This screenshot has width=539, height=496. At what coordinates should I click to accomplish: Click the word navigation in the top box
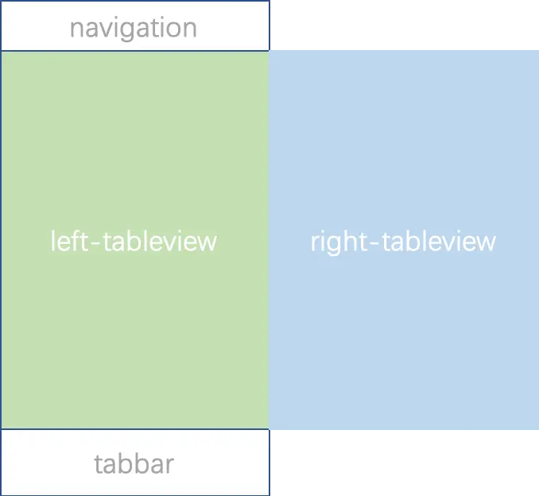point(134,28)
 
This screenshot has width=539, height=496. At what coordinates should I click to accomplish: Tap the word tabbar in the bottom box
point(134,463)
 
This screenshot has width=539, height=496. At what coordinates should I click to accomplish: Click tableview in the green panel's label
point(156,240)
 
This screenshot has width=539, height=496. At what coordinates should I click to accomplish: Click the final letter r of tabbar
point(169,465)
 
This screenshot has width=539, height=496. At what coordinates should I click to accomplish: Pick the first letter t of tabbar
point(99,463)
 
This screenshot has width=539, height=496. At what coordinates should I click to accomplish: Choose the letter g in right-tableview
point(334,243)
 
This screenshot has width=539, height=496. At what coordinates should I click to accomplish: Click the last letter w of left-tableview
point(207,242)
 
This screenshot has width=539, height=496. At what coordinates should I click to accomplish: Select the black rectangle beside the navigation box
point(405,22)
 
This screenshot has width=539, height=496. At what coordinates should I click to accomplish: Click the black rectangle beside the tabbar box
point(405,464)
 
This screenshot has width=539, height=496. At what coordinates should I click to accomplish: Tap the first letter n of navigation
point(76,29)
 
